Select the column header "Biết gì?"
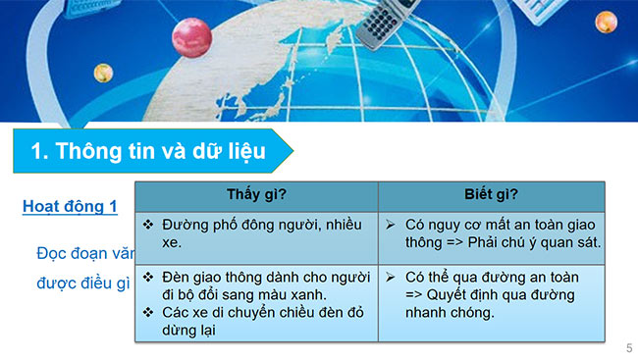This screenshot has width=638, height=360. [x=491, y=193]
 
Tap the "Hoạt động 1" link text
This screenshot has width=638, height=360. [x=70, y=207]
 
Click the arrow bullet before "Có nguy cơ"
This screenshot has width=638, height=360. [x=391, y=225]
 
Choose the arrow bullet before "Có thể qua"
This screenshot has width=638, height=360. [x=391, y=279]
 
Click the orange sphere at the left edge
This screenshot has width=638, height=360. [x=102, y=72]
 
